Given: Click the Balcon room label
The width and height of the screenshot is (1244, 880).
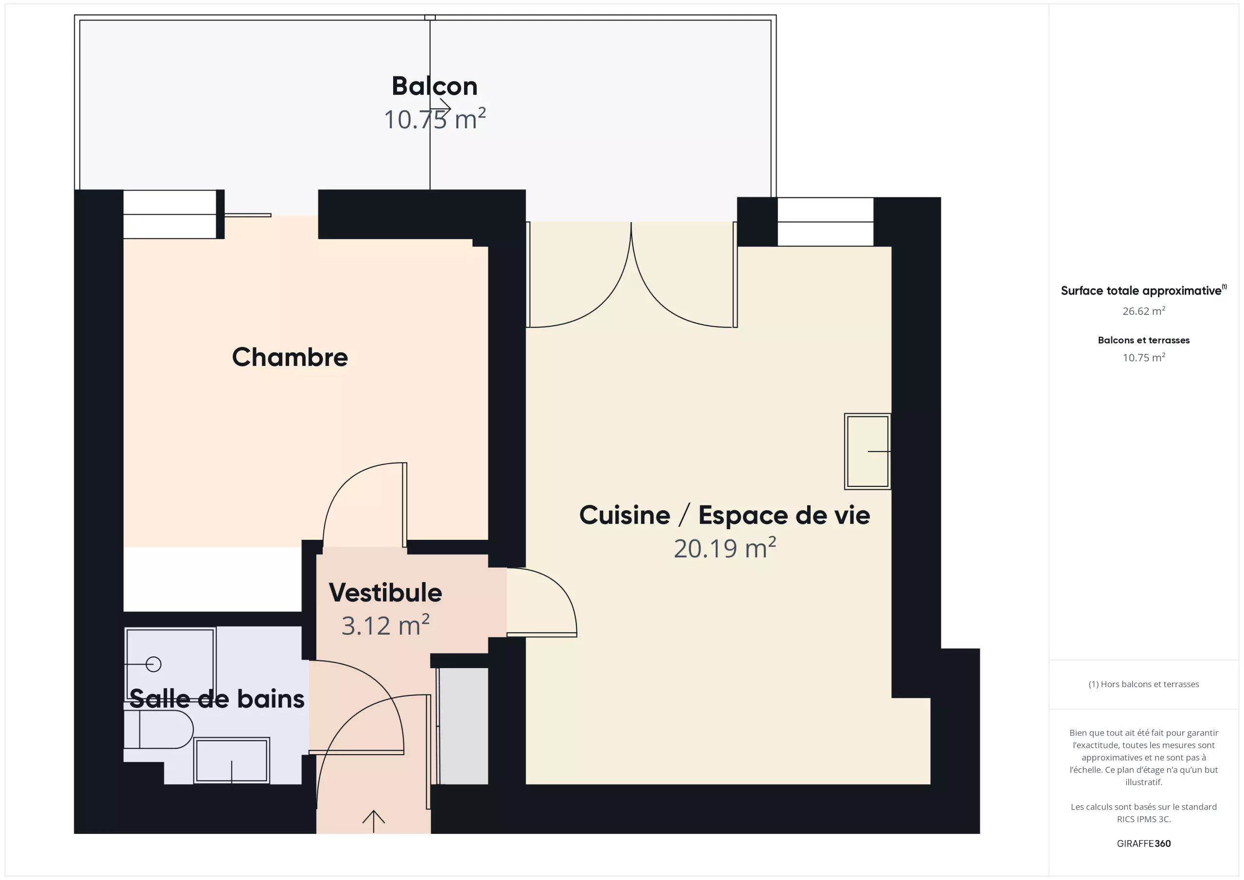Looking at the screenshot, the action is click(434, 86).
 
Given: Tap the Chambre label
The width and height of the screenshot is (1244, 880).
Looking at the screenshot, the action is click(290, 357).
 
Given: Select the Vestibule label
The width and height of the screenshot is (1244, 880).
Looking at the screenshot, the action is click(385, 592).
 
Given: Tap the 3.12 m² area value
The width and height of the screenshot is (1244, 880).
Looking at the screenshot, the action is click(385, 625).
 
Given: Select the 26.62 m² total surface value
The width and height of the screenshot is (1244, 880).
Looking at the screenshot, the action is click(1144, 311).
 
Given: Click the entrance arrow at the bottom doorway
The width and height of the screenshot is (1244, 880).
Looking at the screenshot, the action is click(373, 821).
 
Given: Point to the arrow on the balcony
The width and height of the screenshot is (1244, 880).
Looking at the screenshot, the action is click(440, 108).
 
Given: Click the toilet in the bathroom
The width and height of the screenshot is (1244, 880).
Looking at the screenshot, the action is click(158, 729).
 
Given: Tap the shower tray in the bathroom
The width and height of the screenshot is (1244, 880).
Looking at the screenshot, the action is click(170, 664).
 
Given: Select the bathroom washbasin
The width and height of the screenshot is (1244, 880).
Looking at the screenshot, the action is click(232, 760).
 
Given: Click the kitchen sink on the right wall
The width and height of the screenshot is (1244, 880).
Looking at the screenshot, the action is click(867, 451).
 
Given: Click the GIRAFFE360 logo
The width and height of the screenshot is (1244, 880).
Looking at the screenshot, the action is click(1144, 844).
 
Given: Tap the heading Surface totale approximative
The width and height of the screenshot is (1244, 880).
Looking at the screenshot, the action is click(1141, 291).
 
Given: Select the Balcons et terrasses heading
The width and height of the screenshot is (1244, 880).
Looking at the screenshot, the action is click(1144, 340).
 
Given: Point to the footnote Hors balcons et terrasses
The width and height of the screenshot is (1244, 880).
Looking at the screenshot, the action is click(1144, 684).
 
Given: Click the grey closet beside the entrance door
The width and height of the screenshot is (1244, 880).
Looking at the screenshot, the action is click(463, 726).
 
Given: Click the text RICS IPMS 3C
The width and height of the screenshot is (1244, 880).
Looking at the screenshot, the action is click(1144, 819).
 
